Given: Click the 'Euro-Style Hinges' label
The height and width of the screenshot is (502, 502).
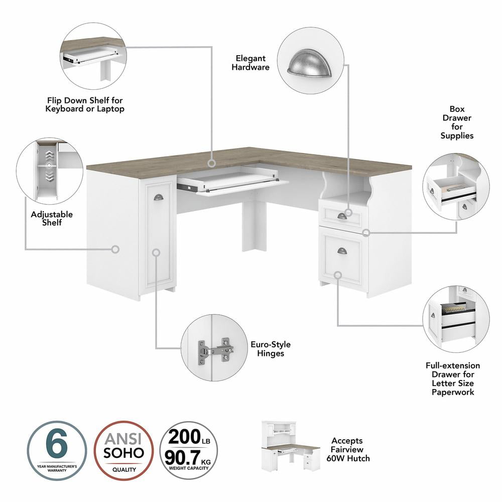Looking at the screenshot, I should (x=270, y=349).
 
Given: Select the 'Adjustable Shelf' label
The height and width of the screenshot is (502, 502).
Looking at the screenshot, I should (x=52, y=218).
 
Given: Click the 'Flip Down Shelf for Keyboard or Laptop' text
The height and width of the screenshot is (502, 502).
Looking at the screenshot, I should (x=85, y=104).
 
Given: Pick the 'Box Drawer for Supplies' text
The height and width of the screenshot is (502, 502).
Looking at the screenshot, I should (x=457, y=122).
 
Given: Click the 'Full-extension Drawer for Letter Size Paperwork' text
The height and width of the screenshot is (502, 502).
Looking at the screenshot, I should (x=452, y=379).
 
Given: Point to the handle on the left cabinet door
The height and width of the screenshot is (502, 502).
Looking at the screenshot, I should (x=158, y=197).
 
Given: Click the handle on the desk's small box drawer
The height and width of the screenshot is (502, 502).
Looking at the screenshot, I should (x=342, y=216).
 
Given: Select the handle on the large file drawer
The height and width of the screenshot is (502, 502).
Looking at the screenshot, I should (x=342, y=250).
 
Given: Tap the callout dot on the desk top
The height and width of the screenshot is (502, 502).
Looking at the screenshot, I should (x=212, y=163).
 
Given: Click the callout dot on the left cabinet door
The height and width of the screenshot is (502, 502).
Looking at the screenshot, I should (x=156, y=253).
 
